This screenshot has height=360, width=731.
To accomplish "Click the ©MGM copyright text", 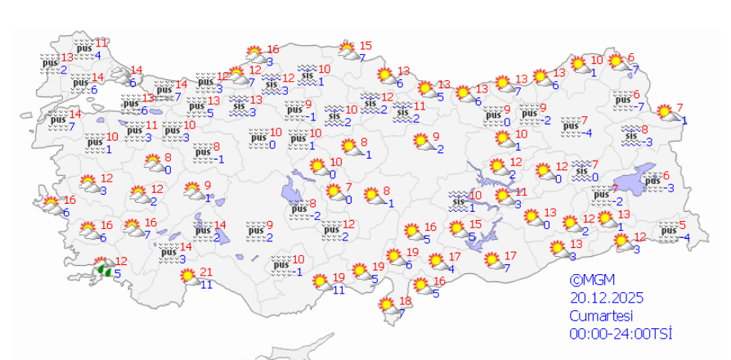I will (x=592, y=278).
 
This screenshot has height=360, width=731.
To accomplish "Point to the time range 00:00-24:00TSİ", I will (x=621, y=334).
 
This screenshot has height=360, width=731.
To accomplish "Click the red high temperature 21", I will (x=206, y=273).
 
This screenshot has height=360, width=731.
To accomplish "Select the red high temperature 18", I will (x=404, y=300).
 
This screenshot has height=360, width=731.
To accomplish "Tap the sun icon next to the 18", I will (x=387, y=305).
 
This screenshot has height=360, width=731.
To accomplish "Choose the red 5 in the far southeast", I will (x=683, y=225).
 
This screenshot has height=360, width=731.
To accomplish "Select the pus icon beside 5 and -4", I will (x=668, y=231).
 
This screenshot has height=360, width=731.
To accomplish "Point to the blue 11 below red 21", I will (x=207, y=285).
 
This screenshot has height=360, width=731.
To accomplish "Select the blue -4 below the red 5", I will (x=686, y=238).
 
